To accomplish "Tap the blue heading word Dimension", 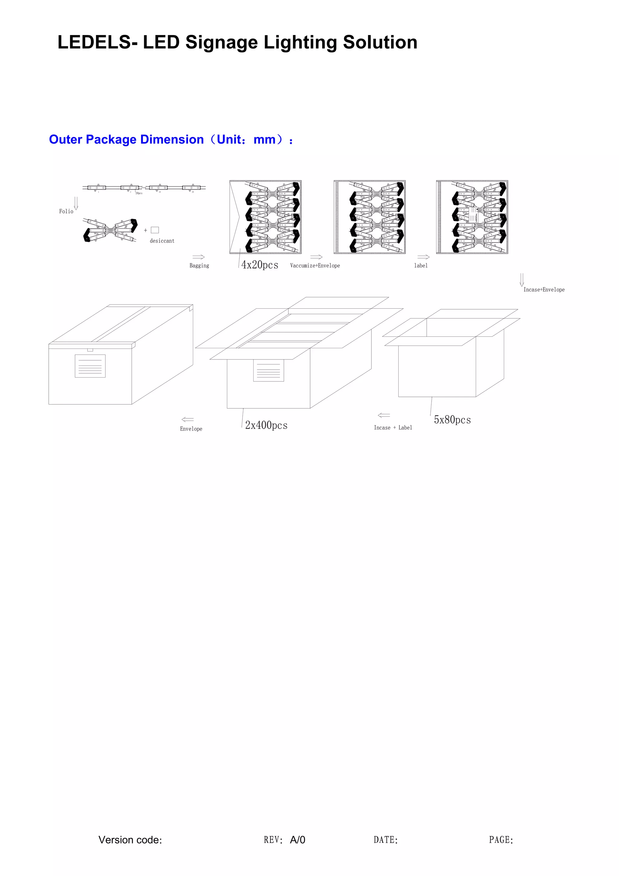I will (172, 140).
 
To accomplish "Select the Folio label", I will (66, 211).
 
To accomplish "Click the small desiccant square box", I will (155, 230).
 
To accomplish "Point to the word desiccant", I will (162, 241).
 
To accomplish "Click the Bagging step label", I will (199, 265).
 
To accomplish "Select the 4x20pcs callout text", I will (260, 265).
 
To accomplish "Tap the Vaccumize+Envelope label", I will (315, 265).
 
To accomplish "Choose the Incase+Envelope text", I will (543, 290).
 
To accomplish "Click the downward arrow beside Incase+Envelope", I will (522, 280).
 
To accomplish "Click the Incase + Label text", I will (393, 428).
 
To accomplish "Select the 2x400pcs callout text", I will (266, 425).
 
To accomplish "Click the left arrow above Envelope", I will (188, 419).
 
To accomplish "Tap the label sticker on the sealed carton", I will (90, 366).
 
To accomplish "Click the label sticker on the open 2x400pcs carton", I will (268, 370).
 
